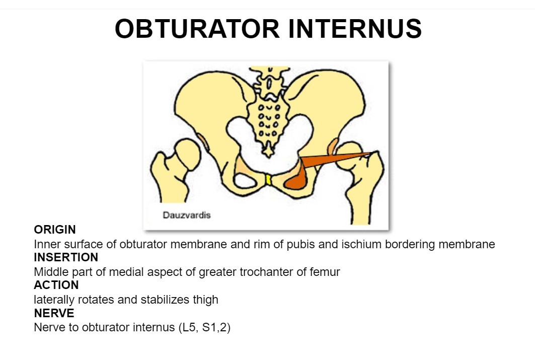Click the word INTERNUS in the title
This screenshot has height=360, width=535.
click(x=355, y=29)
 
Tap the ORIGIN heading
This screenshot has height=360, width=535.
click(x=55, y=230)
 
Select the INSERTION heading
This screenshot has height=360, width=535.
click(x=66, y=257)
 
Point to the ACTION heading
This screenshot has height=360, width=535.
click(x=56, y=285)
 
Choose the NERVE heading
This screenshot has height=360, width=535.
click(x=54, y=313)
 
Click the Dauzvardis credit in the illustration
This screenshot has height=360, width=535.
click(x=187, y=215)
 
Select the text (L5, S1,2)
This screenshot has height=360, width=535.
click(x=204, y=327)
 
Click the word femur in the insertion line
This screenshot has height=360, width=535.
click(x=326, y=272)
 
